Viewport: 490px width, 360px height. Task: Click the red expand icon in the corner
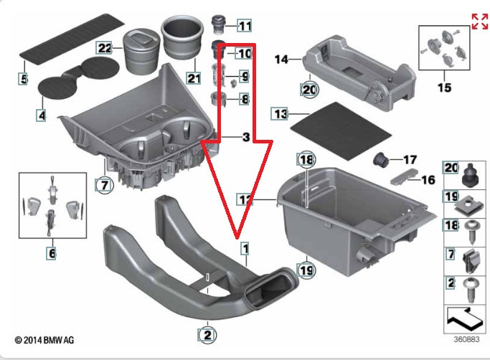[x=479, y=21]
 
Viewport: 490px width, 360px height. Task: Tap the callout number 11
[x=245, y=27]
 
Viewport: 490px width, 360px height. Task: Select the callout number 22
[x=105, y=48]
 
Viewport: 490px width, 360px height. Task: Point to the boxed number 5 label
[x=24, y=79]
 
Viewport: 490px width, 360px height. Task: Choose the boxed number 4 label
[x=41, y=115]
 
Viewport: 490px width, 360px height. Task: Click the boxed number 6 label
[x=51, y=253]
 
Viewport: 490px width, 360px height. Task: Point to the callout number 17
[x=410, y=159]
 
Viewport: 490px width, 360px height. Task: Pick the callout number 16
[x=427, y=180]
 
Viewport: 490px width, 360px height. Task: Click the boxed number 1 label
[x=245, y=250]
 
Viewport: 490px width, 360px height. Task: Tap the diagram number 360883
[x=466, y=339]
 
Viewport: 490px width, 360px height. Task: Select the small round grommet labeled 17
[x=382, y=158]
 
